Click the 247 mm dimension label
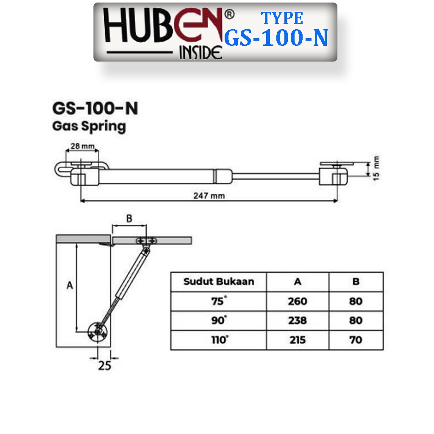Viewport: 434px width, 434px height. [209, 196]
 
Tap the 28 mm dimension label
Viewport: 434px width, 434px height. [83, 146]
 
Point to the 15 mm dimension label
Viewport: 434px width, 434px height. [376, 168]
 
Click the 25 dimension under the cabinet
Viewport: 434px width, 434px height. [105, 366]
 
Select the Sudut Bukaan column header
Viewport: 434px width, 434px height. [219, 281]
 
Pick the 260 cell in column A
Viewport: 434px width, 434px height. [298, 301]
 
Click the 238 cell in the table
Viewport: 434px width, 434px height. [298, 320]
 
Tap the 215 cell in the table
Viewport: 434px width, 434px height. [298, 340]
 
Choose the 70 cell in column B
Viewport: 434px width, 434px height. [356, 340]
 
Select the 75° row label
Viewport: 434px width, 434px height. [219, 300]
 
